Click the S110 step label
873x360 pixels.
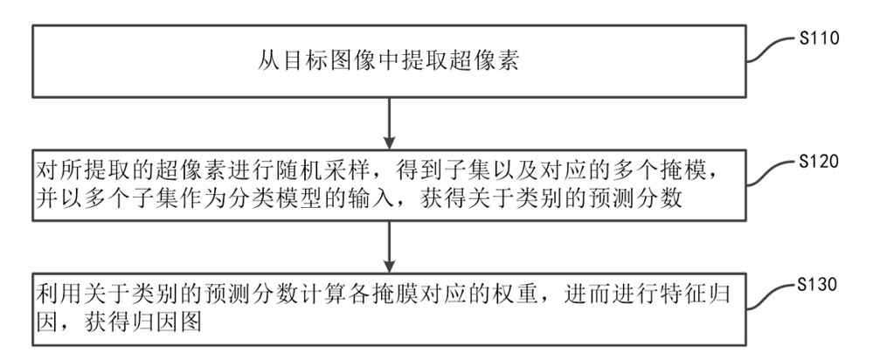click(x=819, y=39)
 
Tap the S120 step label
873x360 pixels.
click(x=819, y=162)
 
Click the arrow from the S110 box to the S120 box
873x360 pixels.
click(x=390, y=124)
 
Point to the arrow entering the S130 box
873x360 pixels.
click(x=390, y=247)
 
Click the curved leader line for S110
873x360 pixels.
click(x=772, y=49)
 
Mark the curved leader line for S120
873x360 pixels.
click(x=772, y=172)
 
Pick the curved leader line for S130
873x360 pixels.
click(x=772, y=296)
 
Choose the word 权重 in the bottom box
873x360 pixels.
click(x=522, y=293)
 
